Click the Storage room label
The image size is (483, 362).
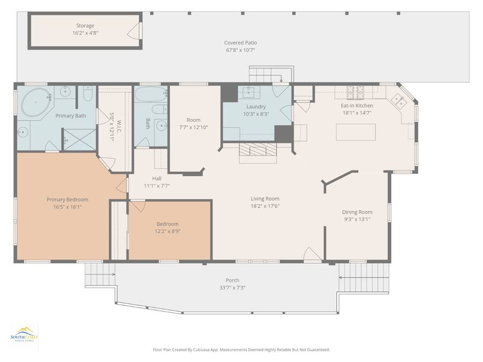(x=85, y=26)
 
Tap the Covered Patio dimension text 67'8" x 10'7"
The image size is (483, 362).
(x=240, y=50)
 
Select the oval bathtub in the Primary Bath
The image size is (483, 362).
(x=36, y=102)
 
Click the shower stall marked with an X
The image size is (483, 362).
(x=80, y=140)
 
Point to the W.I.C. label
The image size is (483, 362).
(x=119, y=127)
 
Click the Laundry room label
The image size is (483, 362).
(x=256, y=107)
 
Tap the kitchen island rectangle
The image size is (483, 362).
(x=356, y=132)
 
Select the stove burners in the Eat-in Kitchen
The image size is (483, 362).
(x=355, y=92)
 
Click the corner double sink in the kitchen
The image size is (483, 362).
(x=398, y=101)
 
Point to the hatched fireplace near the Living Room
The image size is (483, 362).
(x=258, y=150)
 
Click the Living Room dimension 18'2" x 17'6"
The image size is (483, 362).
(x=265, y=206)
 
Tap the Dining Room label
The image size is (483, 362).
(x=357, y=212)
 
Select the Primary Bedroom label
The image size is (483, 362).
(x=68, y=200)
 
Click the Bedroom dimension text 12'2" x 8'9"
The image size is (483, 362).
(x=167, y=231)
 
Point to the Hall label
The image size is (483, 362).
(x=157, y=178)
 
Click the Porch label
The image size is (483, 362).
(x=232, y=280)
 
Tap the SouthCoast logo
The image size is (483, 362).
(x=24, y=334)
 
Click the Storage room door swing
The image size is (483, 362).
(x=134, y=31)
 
